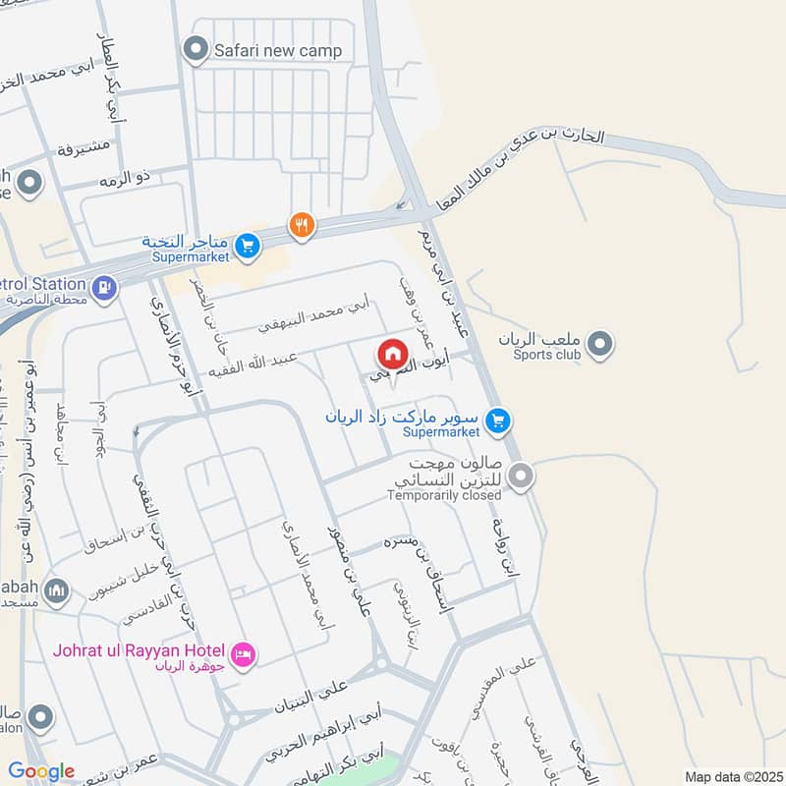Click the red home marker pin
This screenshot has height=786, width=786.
coord(392,354)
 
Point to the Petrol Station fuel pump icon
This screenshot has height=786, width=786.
coord(103,287)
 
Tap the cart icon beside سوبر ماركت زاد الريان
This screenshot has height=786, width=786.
coord(499,421)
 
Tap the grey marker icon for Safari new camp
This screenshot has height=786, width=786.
coord(196,48)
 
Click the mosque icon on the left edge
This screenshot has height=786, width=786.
coord(58,589)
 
